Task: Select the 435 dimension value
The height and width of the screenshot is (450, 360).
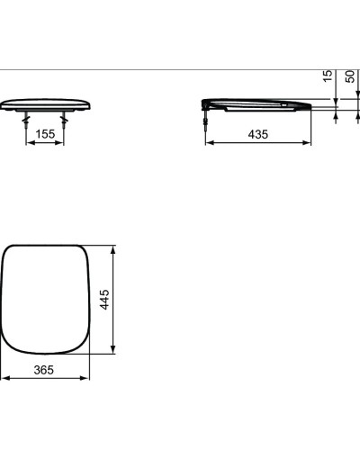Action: point(257,133)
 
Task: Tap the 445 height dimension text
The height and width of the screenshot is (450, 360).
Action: point(104,298)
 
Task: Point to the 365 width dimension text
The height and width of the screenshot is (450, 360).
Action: point(43,369)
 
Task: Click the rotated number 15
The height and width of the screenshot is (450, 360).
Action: point(328,77)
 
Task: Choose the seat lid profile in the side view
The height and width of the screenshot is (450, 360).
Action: point(256,103)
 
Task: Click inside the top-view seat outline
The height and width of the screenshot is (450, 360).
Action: point(45,297)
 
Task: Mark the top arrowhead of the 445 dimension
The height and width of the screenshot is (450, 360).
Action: point(113,247)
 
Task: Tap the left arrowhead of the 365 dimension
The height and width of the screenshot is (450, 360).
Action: point(4,378)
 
